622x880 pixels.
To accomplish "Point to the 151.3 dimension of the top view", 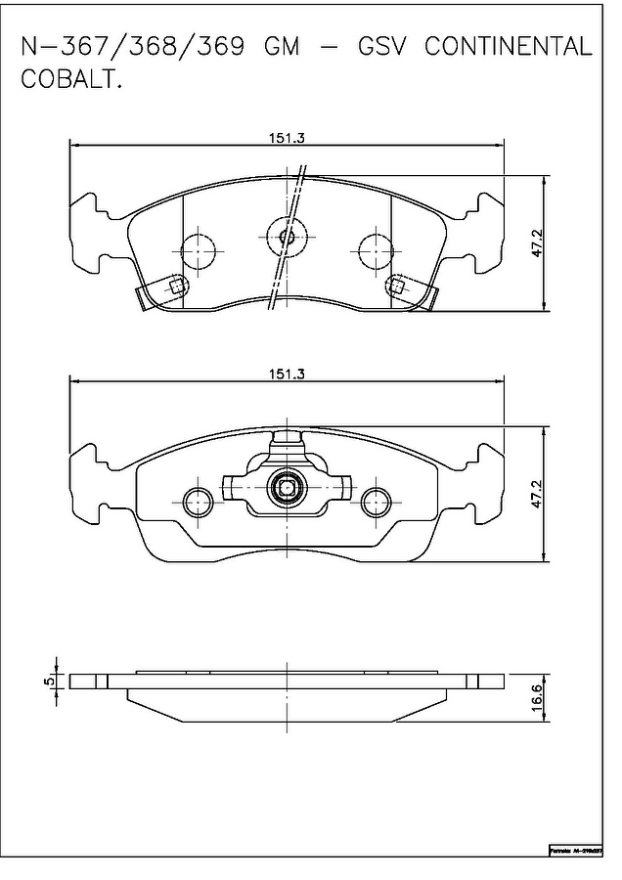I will (288, 138).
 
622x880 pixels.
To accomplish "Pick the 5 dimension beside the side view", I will (47, 681).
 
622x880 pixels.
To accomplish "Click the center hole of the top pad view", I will (288, 236).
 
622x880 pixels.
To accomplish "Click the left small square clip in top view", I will (177, 286).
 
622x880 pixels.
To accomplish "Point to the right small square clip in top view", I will (397, 286).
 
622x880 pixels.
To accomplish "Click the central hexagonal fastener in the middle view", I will (288, 487).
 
